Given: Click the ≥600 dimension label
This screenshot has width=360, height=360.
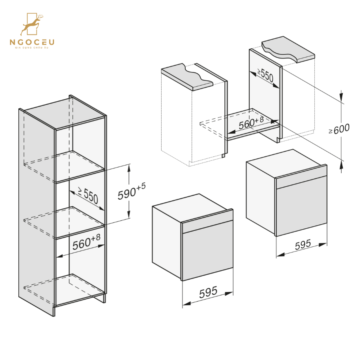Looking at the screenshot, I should click(339, 129).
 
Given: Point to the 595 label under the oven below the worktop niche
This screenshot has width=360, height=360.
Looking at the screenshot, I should click(303, 245).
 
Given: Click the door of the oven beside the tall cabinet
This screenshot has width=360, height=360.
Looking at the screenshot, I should click(207, 254).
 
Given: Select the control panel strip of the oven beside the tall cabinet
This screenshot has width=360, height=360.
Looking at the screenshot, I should click(207, 226).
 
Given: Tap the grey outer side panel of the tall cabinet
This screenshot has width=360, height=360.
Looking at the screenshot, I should click(36, 208).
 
